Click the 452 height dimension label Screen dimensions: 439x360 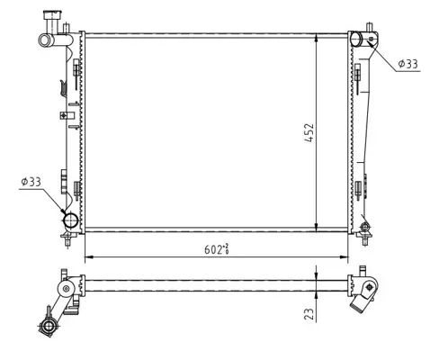point(309,132)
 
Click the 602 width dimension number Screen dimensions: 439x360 point(213,249)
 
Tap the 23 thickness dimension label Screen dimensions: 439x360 point(309,313)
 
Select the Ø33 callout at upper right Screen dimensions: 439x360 point(408,64)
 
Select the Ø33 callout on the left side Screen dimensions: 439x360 point(31,182)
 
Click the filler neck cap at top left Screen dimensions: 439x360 point(53,15)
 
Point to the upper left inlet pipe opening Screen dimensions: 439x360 point(44,40)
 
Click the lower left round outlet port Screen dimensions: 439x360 point(71,220)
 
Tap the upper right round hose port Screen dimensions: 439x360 point(356,39)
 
